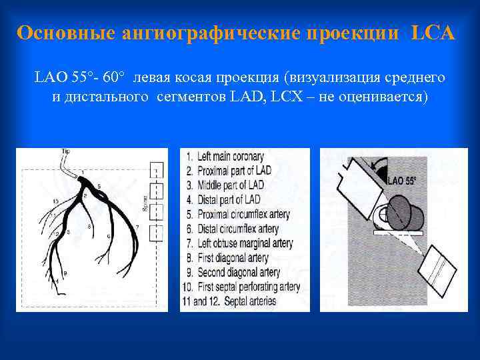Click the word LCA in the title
point(433,33)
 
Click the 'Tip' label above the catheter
point(65,152)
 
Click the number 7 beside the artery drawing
point(137,227)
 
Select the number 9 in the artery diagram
point(65,274)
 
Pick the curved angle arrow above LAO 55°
point(379,165)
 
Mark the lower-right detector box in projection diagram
point(437,271)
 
